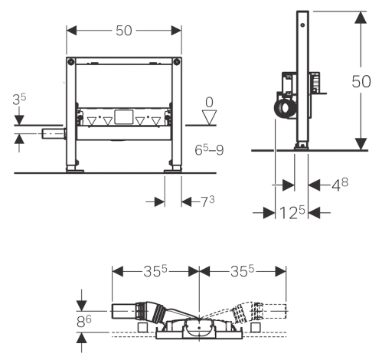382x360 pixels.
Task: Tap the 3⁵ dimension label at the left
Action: (20, 98)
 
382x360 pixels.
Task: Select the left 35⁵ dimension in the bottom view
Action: (155, 270)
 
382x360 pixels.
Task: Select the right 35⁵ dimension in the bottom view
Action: (243, 270)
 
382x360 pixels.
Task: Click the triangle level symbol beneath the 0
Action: (207, 116)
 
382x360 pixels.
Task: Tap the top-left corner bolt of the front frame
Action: (70, 60)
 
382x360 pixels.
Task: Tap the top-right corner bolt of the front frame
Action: (179, 60)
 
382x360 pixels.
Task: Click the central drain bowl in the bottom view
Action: (199, 328)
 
